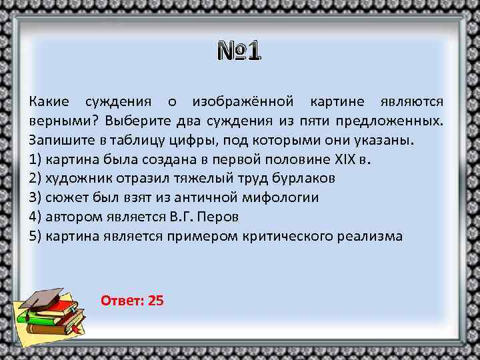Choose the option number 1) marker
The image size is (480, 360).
tap(35, 160)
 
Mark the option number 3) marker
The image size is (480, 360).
tap(35, 198)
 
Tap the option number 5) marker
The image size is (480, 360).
tap(35, 237)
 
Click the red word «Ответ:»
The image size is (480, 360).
tap(123, 300)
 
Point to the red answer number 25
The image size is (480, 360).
tap(156, 300)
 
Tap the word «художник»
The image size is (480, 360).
tap(73, 179)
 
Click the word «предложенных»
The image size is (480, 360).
tap(390, 122)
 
